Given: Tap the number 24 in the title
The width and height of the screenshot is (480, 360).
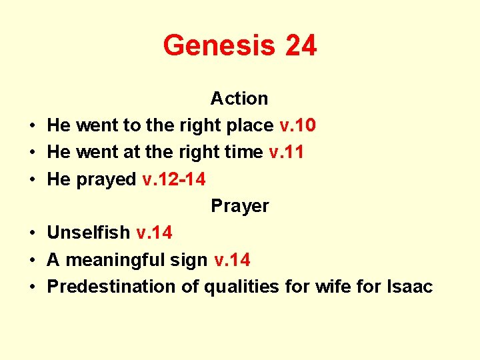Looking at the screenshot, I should coord(301,46).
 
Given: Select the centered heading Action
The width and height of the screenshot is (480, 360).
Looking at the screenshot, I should coord(239,99).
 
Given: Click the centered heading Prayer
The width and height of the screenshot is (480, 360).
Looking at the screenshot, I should coord(240,206).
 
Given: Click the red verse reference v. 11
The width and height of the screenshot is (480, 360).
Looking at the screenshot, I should coord(286,152).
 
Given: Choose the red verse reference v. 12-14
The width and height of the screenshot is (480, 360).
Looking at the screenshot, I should coord(174,179).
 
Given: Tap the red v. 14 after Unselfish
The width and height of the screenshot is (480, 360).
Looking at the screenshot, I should coord(154,233).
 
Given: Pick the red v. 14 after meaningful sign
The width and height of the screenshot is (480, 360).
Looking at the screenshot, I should coord(233,259).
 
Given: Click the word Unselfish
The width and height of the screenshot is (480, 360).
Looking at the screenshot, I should coord(89,233).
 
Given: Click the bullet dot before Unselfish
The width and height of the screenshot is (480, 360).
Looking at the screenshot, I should coord(32,233).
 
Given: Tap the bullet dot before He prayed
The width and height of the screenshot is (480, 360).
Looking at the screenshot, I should coord(32,179).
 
